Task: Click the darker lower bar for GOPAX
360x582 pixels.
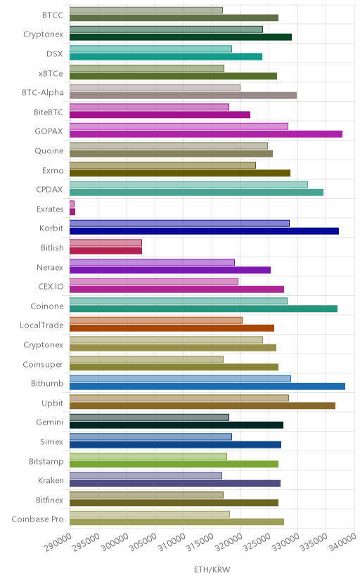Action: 206,134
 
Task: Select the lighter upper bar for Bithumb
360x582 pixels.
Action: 180,379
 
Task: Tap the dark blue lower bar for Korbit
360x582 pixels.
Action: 204,231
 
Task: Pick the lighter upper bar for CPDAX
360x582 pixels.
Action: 188,184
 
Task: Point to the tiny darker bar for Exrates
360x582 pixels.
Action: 72,212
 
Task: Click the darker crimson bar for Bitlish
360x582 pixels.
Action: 105,250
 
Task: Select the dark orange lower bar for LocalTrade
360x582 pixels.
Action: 172,328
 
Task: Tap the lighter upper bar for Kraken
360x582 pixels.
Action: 146,475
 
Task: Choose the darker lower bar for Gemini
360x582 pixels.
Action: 176,425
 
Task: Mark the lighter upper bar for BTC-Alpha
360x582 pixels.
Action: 155,88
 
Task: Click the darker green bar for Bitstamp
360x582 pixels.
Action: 174,464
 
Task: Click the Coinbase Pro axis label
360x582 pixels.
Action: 37,519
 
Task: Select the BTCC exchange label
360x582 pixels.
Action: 53,15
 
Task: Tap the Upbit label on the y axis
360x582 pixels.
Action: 52,403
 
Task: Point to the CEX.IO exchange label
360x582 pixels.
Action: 51,287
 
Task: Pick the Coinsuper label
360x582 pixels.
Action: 43,365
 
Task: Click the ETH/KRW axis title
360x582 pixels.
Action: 212,570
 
